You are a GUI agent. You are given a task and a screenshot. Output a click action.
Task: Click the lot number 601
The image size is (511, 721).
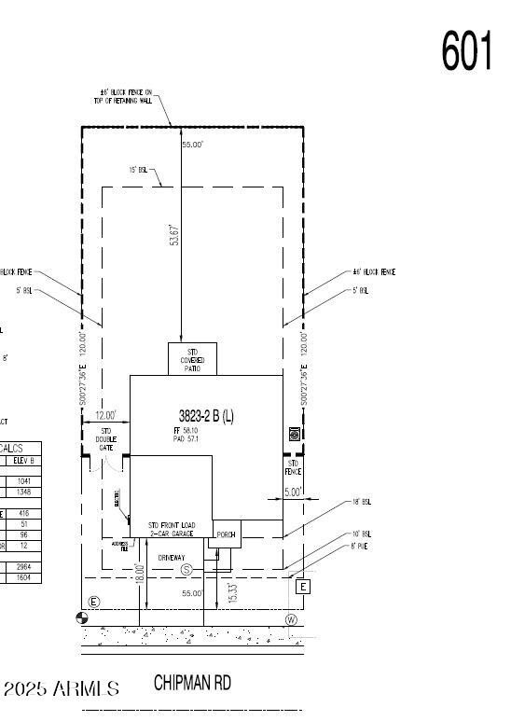click(466, 50)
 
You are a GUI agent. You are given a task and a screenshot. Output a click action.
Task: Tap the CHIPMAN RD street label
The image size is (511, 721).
click(192, 684)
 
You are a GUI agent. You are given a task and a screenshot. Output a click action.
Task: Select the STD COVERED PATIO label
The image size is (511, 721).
click(192, 360)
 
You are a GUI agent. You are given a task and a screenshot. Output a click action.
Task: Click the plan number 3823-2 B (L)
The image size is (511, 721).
click(206, 416)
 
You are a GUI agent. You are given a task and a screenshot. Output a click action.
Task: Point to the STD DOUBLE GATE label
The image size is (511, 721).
click(106, 439)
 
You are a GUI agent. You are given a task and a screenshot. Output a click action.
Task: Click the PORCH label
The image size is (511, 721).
click(227, 534)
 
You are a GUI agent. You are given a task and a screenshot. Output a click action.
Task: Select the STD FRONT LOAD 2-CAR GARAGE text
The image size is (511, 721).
click(171, 530)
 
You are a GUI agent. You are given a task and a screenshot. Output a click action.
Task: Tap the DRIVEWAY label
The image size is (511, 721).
click(172, 558)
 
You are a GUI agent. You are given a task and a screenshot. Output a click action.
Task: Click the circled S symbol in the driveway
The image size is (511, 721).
click(186, 569)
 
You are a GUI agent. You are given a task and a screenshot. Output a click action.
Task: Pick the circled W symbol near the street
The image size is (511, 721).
click(291, 619)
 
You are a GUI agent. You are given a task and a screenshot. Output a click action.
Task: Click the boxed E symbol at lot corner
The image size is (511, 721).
click(302, 587)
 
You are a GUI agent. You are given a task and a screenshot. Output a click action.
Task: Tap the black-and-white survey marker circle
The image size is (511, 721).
click(82, 617)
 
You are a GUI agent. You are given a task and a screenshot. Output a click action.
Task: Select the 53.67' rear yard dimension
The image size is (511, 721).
click(173, 235)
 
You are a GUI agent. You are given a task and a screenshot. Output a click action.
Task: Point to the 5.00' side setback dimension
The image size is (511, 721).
click(294, 492)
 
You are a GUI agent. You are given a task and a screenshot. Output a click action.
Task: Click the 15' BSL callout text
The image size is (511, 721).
click(138, 170)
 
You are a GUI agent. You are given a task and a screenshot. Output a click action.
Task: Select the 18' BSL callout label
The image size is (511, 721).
click(361, 502)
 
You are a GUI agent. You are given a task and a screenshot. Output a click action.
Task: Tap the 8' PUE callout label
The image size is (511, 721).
click(360, 547)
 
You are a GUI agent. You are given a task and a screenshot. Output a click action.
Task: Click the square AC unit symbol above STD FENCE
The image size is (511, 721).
click(294, 434)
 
